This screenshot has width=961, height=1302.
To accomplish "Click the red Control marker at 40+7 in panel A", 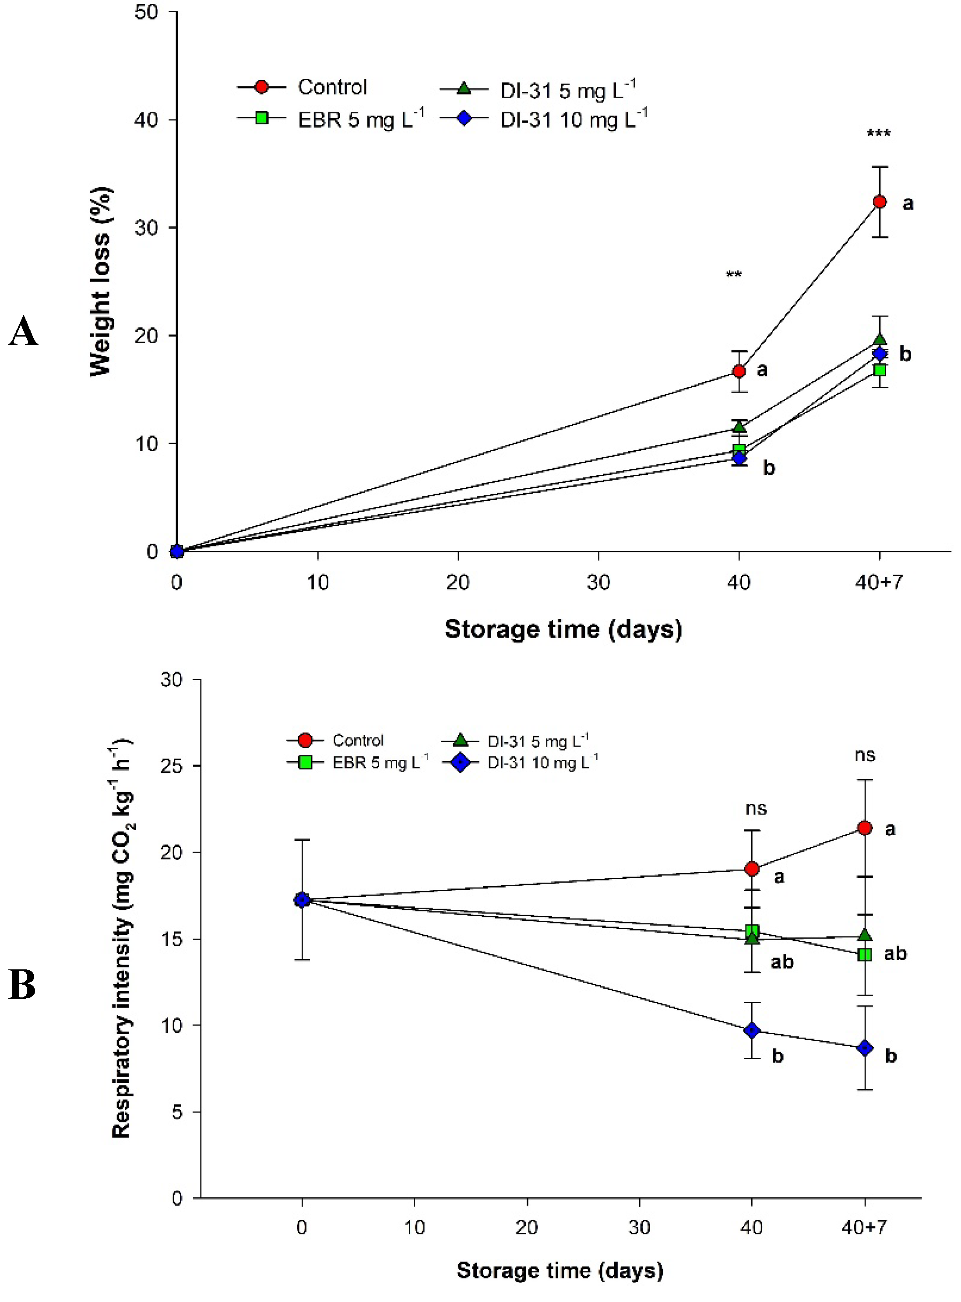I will click(880, 202).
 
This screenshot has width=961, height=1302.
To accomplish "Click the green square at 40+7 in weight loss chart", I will click(880, 370).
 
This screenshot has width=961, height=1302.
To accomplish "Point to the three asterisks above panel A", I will click(878, 134).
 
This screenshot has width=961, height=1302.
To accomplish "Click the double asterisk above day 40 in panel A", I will click(733, 274).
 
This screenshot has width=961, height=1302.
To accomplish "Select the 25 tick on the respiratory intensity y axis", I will click(172, 766).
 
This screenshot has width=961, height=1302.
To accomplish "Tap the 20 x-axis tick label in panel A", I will click(458, 582).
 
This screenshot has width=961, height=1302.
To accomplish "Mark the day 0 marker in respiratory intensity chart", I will click(301, 900).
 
